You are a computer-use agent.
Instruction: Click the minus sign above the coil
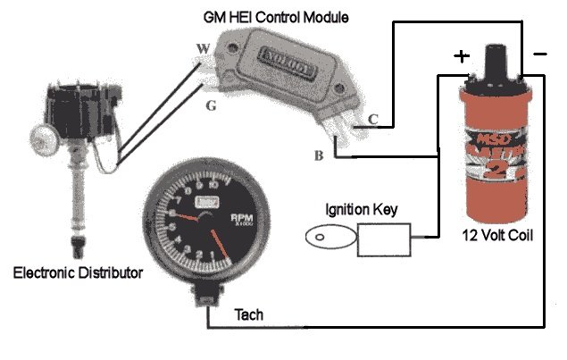click(539, 54)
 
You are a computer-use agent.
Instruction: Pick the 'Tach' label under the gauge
click(248, 314)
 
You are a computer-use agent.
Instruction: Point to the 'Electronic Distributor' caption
click(78, 272)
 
